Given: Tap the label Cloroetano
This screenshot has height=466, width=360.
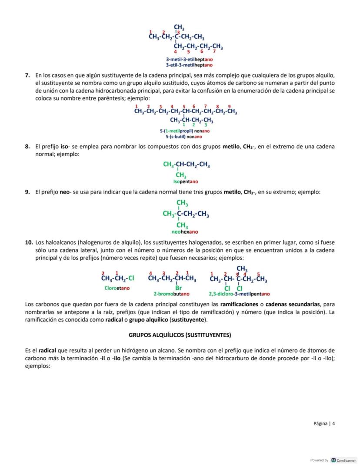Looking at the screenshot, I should (117, 288).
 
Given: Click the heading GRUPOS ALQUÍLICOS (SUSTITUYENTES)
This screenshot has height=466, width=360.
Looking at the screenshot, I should (180, 335).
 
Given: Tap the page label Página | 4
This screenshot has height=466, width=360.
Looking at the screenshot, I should (324, 423).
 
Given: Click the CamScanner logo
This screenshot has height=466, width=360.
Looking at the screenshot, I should (334, 460).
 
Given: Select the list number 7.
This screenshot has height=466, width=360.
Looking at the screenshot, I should (27, 75).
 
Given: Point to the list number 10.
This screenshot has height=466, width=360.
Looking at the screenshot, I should (29, 242).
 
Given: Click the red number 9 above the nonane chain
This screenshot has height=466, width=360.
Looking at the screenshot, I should (229, 106).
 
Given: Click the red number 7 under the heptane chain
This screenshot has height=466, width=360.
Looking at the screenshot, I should (214, 52).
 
